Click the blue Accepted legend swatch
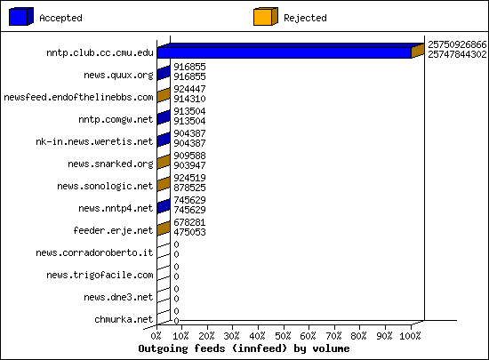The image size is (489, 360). click(21, 17)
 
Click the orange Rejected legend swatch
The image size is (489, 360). click(266, 17)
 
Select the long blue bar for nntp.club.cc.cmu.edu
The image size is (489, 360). click(284, 52)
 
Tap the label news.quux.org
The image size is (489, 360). click(118, 76)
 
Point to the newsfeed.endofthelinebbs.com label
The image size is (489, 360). click(78, 97)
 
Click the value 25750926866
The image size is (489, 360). click(457, 44)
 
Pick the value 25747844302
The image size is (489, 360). click(457, 54)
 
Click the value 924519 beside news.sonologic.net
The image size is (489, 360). click(189, 178)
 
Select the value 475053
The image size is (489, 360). click(189, 232)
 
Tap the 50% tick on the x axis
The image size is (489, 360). click(284, 325)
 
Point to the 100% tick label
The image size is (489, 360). click(410, 336)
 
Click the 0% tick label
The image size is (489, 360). click(156, 336)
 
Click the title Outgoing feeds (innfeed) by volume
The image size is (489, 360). click(244, 348)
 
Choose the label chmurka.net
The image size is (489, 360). click(124, 319)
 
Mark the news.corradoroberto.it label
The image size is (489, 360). click(94, 252)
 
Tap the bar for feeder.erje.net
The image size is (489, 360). click(164, 228)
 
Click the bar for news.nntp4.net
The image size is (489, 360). click(164, 206)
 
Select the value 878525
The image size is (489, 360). click(189, 188)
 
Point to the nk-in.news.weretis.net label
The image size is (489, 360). click(94, 142)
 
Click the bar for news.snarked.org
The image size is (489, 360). click(164, 162)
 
